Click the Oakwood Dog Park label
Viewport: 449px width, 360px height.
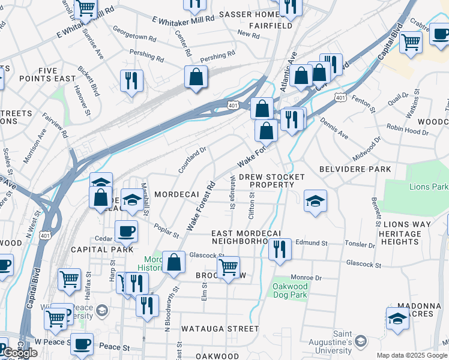(291, 290)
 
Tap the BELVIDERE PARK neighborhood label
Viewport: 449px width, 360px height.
(355, 169)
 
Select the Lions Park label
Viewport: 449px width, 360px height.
(429, 187)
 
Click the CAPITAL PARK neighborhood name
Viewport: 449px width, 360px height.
(93, 249)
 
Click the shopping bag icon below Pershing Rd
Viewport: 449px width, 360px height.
(196, 77)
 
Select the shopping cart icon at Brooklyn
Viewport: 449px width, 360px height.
(228, 267)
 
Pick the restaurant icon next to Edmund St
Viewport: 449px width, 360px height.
(280, 248)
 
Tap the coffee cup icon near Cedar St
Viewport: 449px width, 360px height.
(126, 231)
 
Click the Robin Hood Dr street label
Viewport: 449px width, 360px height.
(405, 127)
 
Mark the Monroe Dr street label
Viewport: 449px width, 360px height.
(306, 278)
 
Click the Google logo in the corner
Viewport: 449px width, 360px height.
(20, 353)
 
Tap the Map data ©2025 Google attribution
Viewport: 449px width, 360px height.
(411, 355)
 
